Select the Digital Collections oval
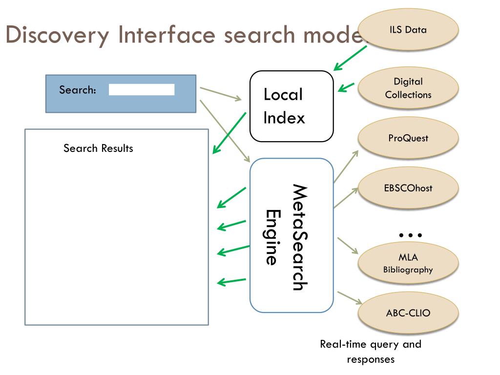[x=408, y=88]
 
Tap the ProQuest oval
[x=408, y=138]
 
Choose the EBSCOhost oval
[x=408, y=188]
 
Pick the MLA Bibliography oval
[x=408, y=263]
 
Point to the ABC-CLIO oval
[x=408, y=313]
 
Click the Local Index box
[x=292, y=106]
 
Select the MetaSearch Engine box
[x=292, y=235]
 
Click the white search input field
[x=142, y=90]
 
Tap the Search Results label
[x=98, y=148]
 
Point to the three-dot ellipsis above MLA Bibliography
[x=410, y=235]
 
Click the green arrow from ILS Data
[x=350, y=58]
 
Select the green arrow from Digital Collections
[x=346, y=87]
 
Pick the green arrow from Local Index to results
[x=229, y=133]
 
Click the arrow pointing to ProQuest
[x=346, y=167]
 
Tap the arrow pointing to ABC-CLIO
[x=350, y=298]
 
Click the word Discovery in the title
[x=58, y=35]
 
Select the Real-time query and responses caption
[x=371, y=352]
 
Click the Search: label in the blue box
[x=78, y=90]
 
